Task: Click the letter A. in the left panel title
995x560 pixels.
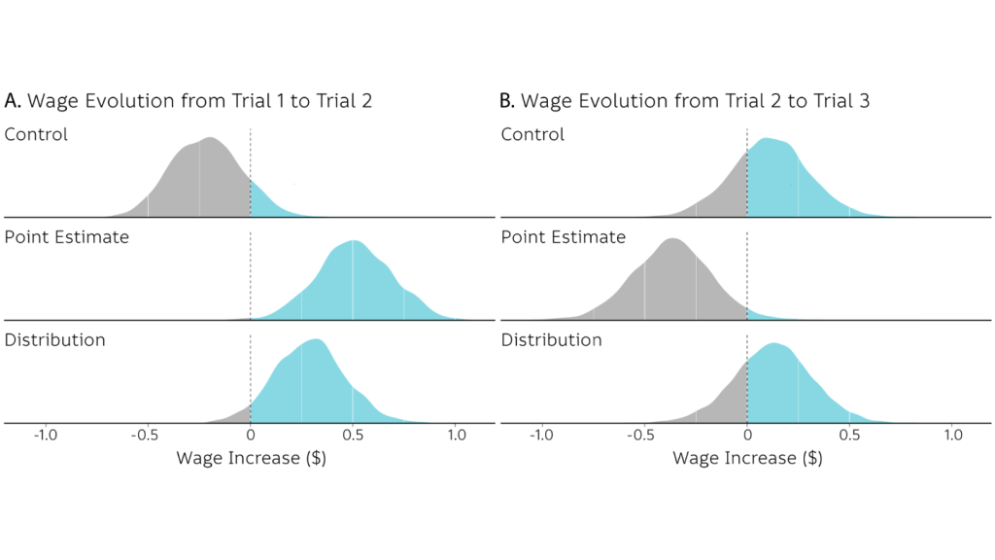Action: [x=14, y=100]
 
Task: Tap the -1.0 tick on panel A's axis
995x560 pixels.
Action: [x=45, y=437]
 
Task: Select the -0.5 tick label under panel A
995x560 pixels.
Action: [x=147, y=437]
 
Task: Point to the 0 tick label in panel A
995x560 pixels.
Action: [x=251, y=437]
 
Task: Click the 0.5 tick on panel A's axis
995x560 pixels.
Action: [x=354, y=437]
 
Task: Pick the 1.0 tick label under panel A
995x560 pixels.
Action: [x=457, y=437]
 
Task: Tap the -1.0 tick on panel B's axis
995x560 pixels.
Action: [x=541, y=437]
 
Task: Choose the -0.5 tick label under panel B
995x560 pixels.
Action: [x=643, y=437]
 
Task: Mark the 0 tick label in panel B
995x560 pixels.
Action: [x=747, y=437]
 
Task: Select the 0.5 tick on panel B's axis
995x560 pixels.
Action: [x=850, y=437]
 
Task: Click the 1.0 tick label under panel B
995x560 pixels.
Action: [x=953, y=437]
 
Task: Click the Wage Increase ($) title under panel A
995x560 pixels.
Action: [x=251, y=458]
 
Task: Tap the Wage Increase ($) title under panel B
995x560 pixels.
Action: [x=747, y=458]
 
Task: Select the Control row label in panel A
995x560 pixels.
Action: [x=36, y=134]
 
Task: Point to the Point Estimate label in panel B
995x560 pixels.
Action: [x=563, y=237]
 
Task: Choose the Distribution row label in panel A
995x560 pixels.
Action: [x=54, y=340]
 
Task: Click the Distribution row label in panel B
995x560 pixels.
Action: [x=551, y=340]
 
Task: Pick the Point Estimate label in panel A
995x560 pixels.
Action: [x=66, y=237]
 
